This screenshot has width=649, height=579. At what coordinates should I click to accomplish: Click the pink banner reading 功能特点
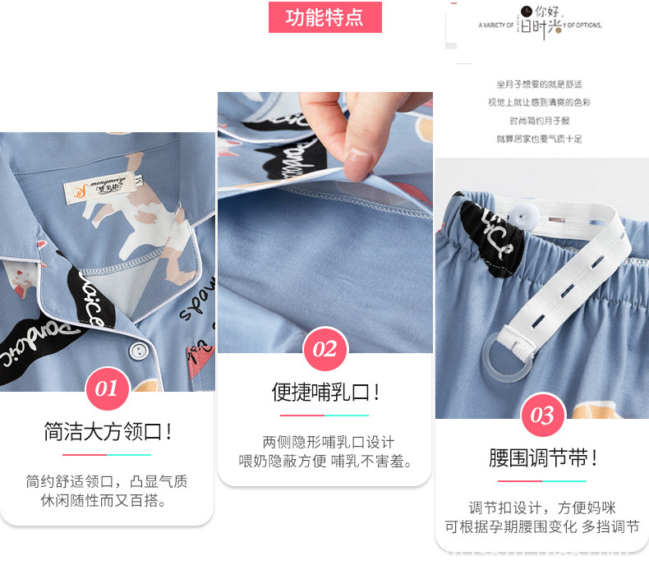click(324, 17)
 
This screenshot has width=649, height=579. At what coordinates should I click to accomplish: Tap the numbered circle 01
click(108, 388)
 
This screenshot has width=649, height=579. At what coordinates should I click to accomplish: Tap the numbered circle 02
click(324, 350)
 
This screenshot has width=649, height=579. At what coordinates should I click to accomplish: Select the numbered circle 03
click(542, 415)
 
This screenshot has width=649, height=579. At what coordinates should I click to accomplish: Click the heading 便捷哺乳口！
click(325, 393)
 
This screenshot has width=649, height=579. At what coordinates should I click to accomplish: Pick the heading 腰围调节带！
click(542, 458)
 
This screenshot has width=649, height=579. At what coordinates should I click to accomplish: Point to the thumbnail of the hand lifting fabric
click(324, 222)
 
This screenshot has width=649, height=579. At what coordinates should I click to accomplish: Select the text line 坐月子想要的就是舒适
click(539, 84)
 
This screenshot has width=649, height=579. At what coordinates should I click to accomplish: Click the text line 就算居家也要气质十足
click(539, 139)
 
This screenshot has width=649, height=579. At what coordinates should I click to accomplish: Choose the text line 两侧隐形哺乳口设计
click(328, 442)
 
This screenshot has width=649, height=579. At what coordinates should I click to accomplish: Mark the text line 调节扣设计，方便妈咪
click(542, 508)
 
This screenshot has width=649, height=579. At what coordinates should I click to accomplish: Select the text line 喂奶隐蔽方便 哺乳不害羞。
click(325, 462)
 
